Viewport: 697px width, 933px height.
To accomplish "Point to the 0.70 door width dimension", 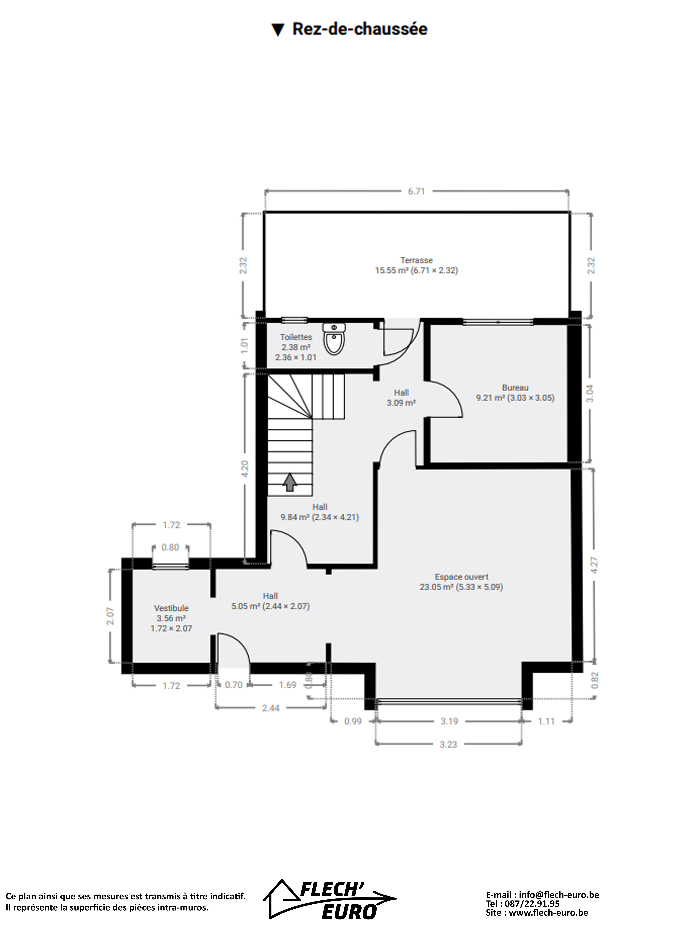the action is tap(233, 685).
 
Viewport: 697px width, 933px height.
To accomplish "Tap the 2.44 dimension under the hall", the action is tap(271, 708).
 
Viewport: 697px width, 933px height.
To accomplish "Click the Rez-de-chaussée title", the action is tap(359, 30).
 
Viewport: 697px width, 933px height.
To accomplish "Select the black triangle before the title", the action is tap(278, 30).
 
